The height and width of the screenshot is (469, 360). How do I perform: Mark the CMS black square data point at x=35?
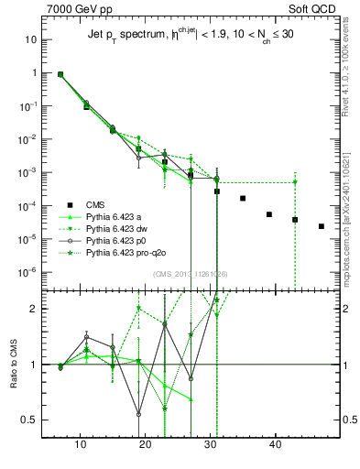pyautogui.click(x=243, y=198)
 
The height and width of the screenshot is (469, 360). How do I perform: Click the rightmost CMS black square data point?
pyautogui.click(x=322, y=226)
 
